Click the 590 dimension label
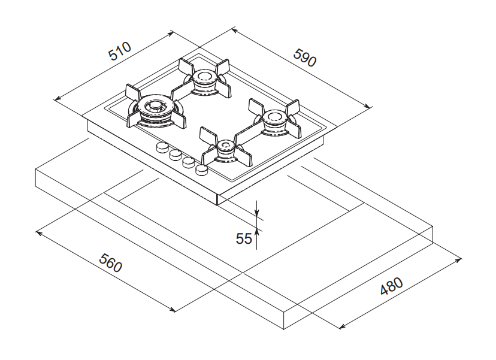coord(304,56)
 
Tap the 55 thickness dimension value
coord(244,238)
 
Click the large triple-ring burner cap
coord(155,108)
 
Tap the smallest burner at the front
coord(226,146)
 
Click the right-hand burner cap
coord(275,117)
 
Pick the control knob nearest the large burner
coord(161,147)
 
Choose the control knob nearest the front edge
coord(202,171)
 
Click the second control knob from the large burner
coord(175,155)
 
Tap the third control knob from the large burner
coord(188,162)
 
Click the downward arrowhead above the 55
coord(256,213)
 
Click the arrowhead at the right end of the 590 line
coord(368,106)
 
